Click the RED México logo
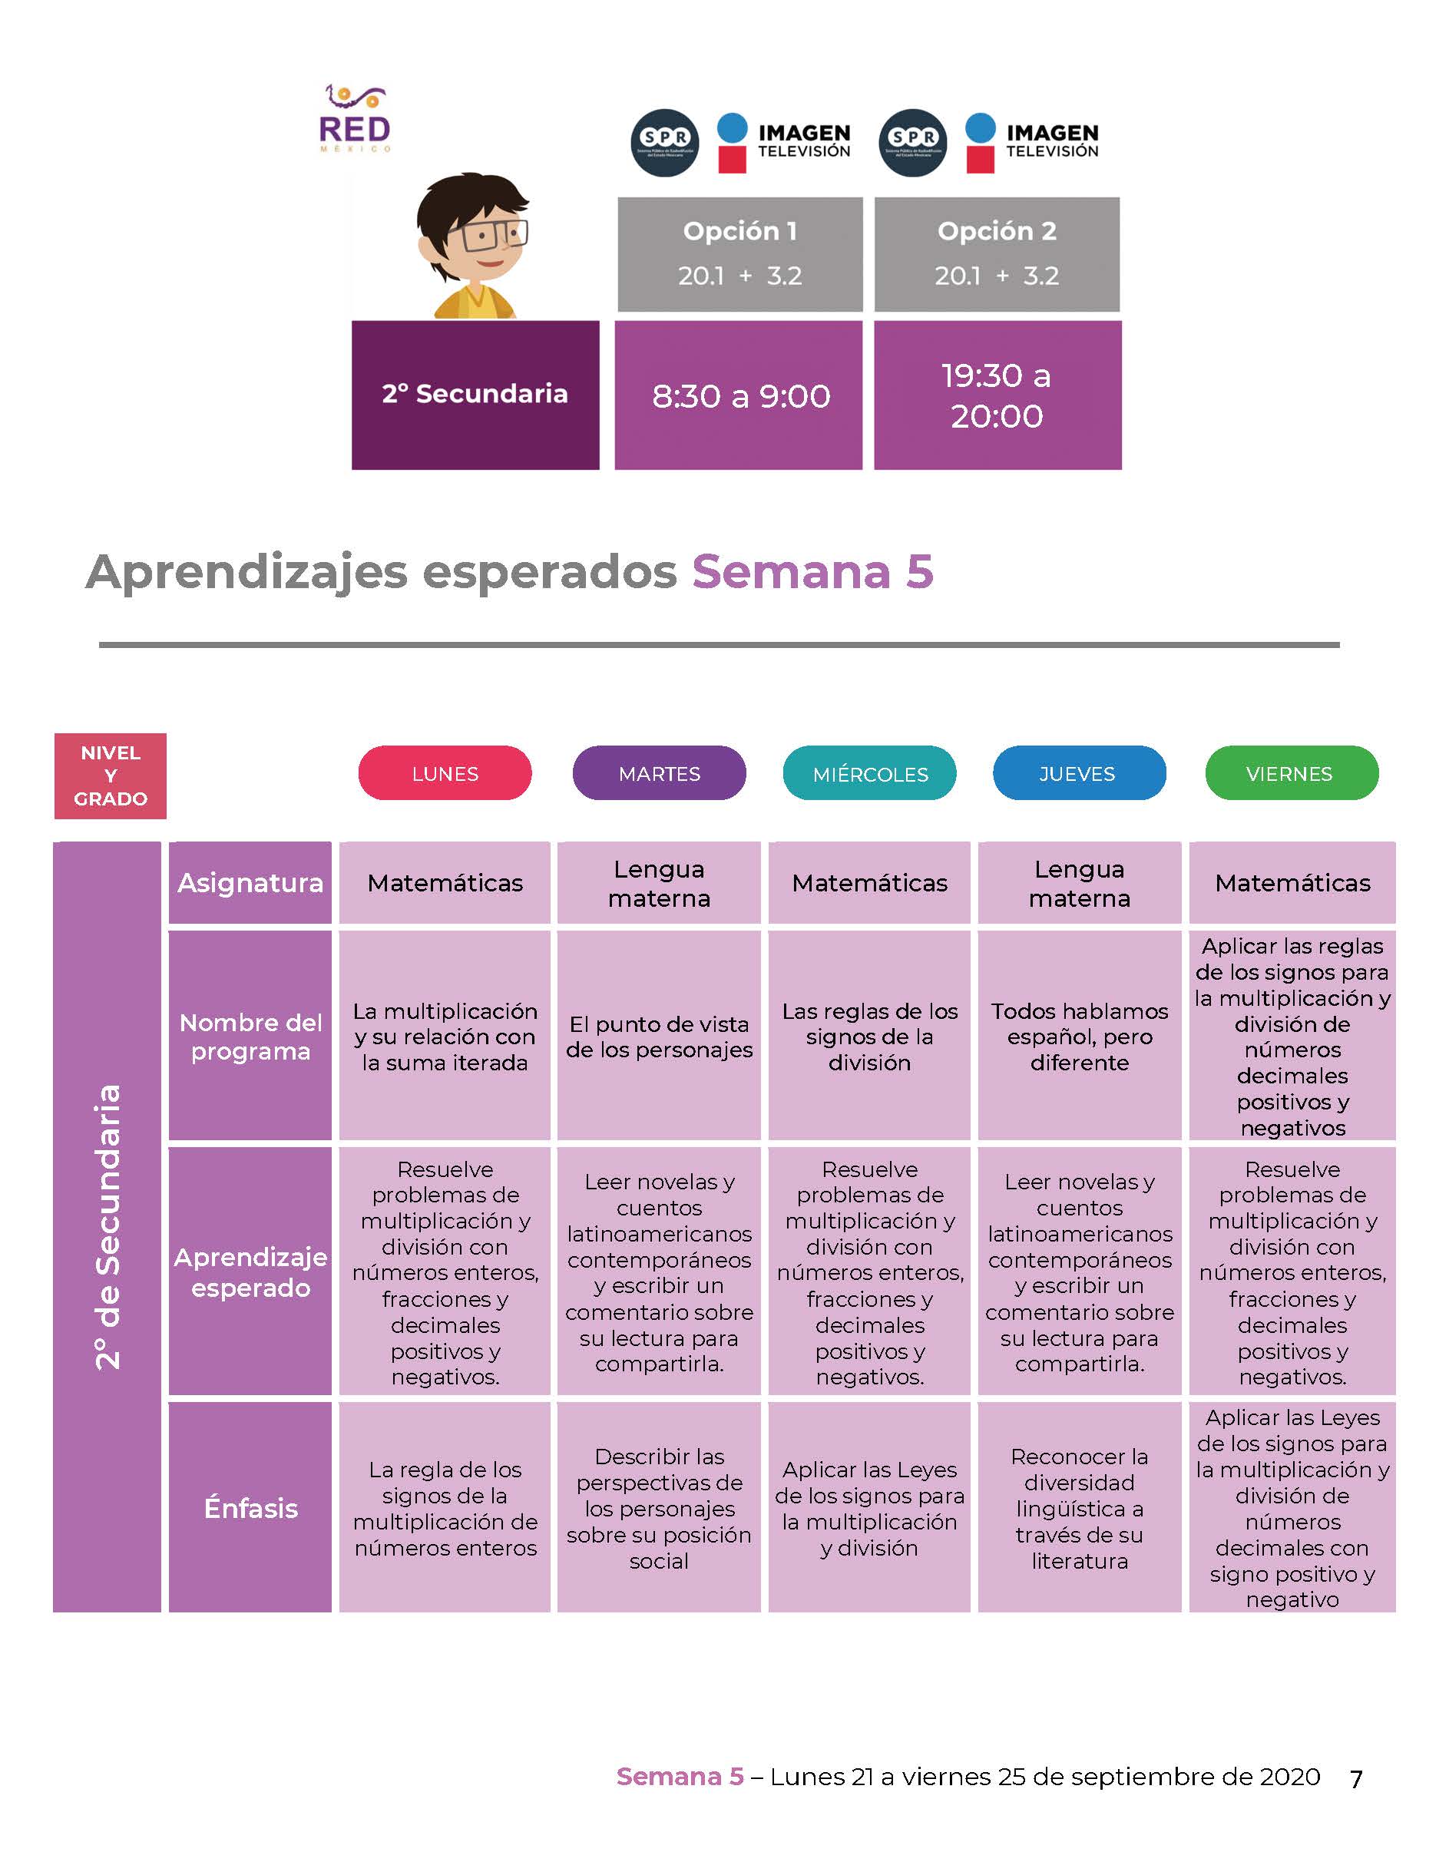click(x=355, y=118)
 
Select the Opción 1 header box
click(x=740, y=254)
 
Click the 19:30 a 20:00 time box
click(x=997, y=395)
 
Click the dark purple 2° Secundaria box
click(x=475, y=395)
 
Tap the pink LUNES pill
click(x=445, y=772)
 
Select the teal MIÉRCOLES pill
click(x=869, y=772)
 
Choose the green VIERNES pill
click(x=1292, y=772)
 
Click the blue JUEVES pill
click(x=1079, y=772)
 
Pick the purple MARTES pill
click(x=660, y=772)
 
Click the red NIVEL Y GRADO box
click(x=110, y=776)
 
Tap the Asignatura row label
click(x=250, y=882)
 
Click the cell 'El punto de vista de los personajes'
click(x=660, y=1037)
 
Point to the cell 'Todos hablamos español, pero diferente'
click(x=1080, y=1037)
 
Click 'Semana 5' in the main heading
click(x=813, y=571)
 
